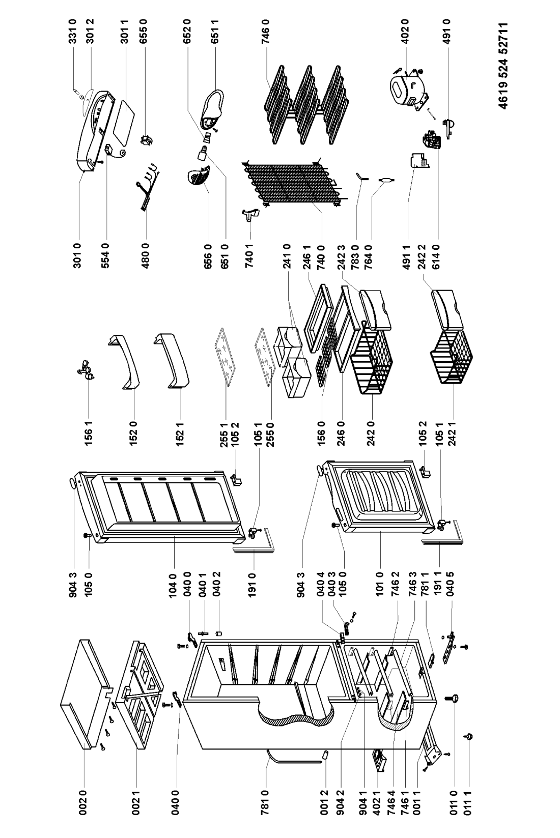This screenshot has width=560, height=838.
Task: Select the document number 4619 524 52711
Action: click(x=503, y=66)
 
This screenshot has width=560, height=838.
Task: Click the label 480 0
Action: click(x=146, y=255)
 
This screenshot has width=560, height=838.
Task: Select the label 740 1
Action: click(x=249, y=255)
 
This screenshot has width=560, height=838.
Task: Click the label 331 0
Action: click(x=73, y=32)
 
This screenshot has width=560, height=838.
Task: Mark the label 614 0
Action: click(x=436, y=255)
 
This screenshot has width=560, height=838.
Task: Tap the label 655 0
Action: click(x=144, y=32)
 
